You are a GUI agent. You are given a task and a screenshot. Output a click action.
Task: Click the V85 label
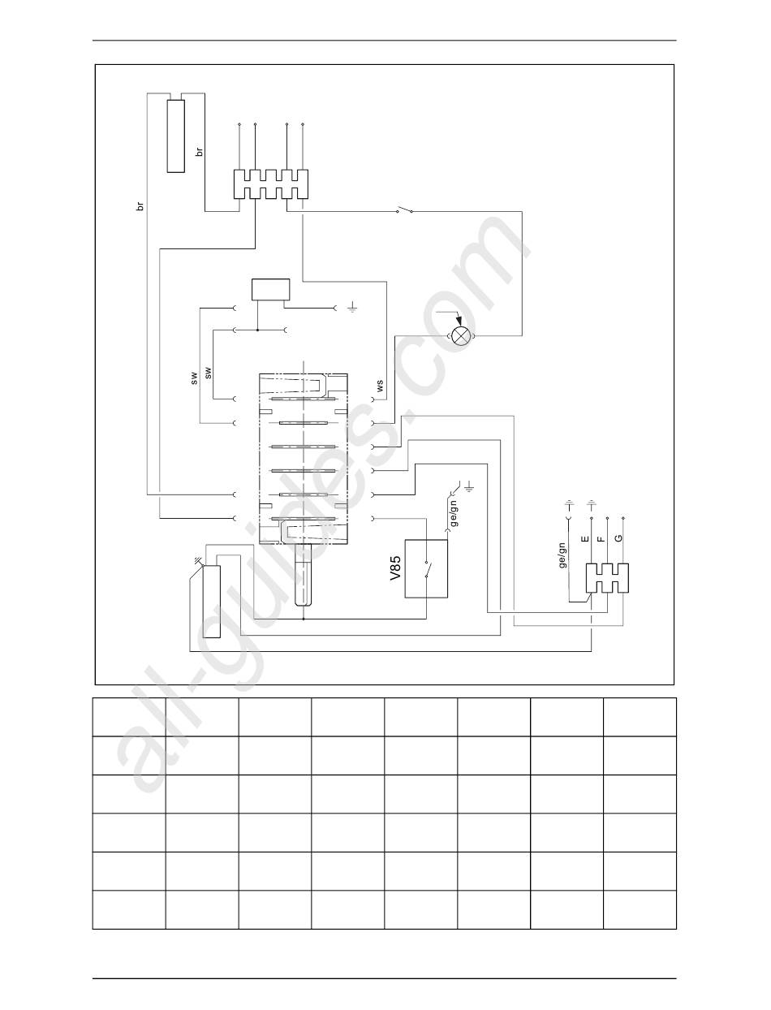[395, 567]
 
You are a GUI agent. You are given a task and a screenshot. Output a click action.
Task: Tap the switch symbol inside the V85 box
[427, 568]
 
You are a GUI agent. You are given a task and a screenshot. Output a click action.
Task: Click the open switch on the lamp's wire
[405, 211]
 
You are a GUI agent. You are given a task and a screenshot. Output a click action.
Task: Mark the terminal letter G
[619, 538]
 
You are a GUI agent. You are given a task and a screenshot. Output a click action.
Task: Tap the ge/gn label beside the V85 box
[454, 511]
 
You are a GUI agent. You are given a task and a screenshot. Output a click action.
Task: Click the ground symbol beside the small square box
[352, 309]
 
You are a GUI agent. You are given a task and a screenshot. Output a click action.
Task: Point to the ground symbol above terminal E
[591, 504]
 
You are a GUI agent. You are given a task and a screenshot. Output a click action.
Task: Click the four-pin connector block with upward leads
[271, 184]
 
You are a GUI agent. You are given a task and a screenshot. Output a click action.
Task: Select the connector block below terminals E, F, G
[607, 577]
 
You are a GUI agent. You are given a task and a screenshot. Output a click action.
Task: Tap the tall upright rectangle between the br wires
[175, 135]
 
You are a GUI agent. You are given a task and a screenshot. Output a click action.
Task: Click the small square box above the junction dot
[270, 290]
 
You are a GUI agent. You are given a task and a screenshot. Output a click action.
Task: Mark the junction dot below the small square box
[257, 330]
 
